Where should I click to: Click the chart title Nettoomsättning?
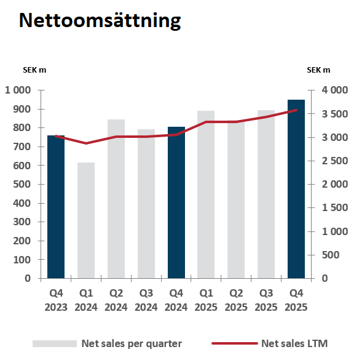point(100,20)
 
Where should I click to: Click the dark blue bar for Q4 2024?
point(176,202)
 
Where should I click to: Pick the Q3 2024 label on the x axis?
point(146,300)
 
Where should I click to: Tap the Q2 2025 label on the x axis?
point(236,300)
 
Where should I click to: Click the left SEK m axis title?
point(34,70)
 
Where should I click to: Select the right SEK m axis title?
point(318,70)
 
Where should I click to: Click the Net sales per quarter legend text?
point(132,343)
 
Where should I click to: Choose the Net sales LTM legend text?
point(299,343)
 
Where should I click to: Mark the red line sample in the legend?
point(234,343)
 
